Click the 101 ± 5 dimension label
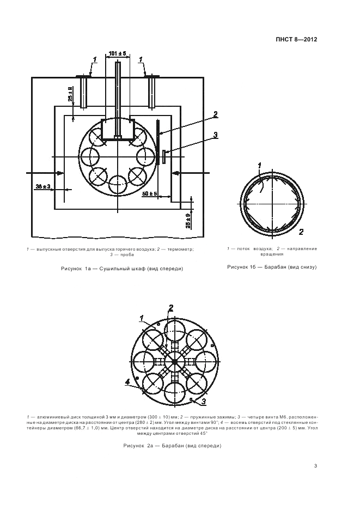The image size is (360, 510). click(x=117, y=53)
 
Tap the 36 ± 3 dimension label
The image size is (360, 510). click(x=43, y=186)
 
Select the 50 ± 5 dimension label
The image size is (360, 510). click(x=149, y=193)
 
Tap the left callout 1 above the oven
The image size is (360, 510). click(x=94, y=59)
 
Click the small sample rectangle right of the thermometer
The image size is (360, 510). click(x=164, y=157)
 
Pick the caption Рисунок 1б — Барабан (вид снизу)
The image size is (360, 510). click(x=271, y=267)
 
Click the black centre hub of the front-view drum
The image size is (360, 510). click(x=174, y=361)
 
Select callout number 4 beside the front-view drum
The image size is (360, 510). click(x=127, y=382)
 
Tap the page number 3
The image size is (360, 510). click(x=315, y=466)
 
